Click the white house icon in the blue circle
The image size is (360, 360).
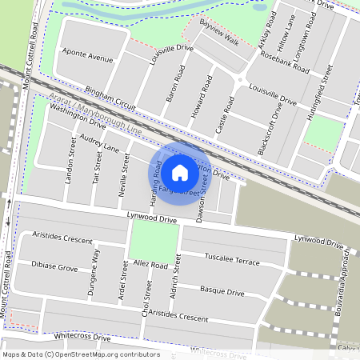[x=180, y=172]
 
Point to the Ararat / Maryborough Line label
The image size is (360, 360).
[x=94, y=115]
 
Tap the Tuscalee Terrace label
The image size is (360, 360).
[x=232, y=261]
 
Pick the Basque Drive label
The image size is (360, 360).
[x=222, y=291]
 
